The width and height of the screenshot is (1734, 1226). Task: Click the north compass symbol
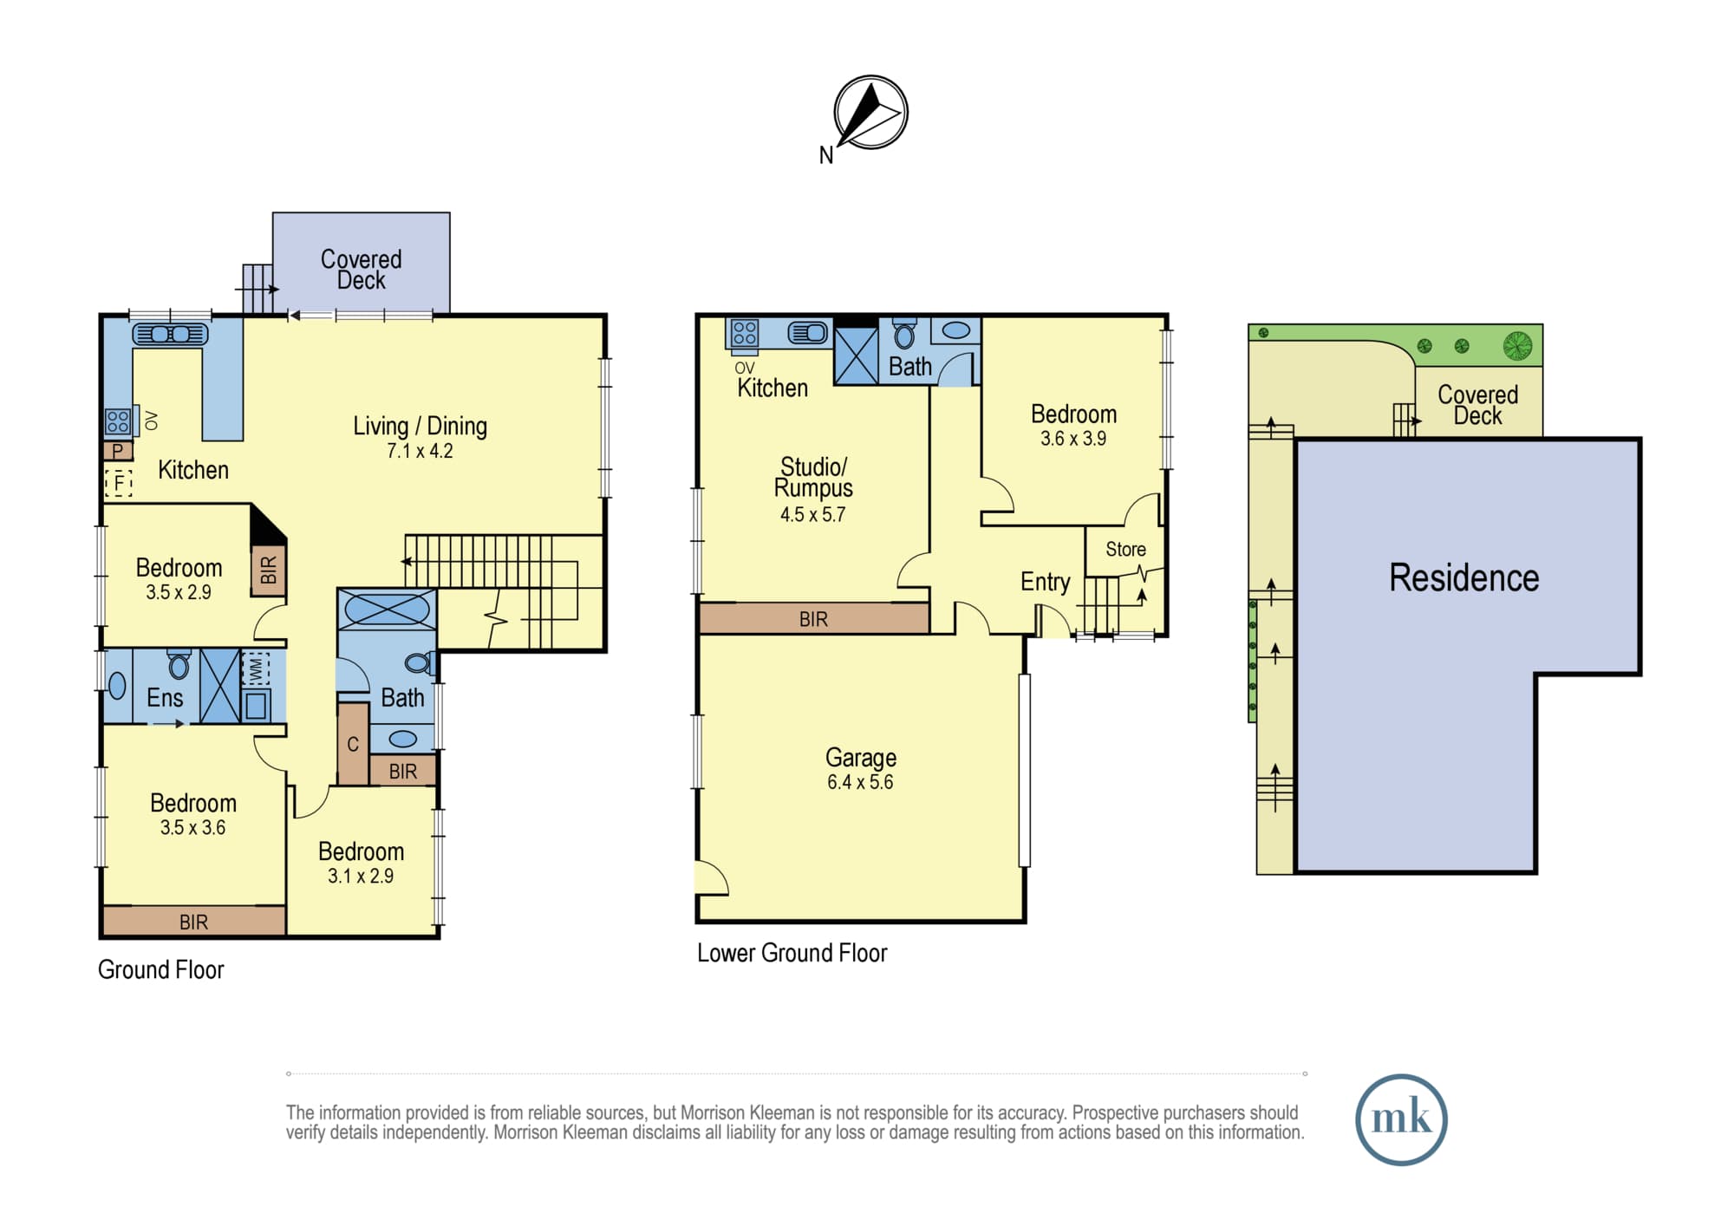(870, 113)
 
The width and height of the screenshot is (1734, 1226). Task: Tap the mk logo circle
(1401, 1119)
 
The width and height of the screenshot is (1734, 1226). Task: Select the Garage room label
(861, 757)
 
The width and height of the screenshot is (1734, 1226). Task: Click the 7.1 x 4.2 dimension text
(420, 451)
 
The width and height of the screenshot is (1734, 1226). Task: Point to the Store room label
(1125, 549)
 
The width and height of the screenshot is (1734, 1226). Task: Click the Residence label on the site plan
(1464, 577)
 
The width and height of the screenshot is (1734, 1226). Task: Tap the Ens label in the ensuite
(165, 697)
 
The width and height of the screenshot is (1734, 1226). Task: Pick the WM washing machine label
(256, 668)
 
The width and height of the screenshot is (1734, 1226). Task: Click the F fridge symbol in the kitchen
(119, 481)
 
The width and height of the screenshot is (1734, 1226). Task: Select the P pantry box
(118, 451)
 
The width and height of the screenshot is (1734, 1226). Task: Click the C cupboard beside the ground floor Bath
(353, 744)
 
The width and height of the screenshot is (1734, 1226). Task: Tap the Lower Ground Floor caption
(792, 953)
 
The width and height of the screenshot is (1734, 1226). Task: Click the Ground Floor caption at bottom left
(160, 969)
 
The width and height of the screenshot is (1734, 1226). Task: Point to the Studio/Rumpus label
(813, 478)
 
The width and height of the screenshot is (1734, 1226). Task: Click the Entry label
(1045, 582)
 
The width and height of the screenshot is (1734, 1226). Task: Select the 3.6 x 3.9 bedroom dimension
(1073, 439)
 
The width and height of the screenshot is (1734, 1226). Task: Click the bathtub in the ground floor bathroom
(387, 609)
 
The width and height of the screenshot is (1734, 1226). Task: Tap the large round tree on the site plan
(1518, 346)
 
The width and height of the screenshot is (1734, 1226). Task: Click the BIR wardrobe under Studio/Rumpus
(814, 619)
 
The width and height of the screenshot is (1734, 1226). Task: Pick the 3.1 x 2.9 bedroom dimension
(361, 877)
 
